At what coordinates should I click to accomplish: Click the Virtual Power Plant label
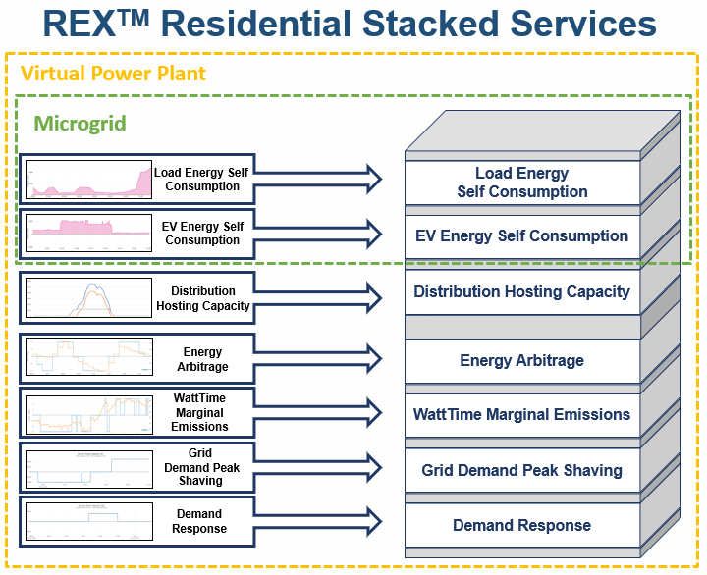tap(113, 74)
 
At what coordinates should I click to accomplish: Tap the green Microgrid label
tap(80, 124)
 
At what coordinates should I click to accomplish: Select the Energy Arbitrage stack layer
tap(521, 361)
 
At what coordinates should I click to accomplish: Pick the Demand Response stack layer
tap(521, 526)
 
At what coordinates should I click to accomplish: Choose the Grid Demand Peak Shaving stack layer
tap(521, 471)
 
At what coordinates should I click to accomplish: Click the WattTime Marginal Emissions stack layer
tap(521, 415)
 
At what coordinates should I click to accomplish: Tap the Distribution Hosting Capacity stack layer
tap(521, 292)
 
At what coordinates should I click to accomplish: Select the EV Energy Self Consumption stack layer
tap(521, 236)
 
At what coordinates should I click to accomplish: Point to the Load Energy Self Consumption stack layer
tap(521, 183)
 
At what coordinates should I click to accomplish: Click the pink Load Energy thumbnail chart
tap(88, 180)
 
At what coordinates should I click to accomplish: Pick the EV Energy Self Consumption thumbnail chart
tap(88, 234)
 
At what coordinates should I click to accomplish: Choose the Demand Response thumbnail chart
tap(88, 521)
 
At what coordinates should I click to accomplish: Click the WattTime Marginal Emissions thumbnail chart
tap(88, 413)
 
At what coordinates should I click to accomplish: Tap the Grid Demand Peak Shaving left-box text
tap(199, 467)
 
